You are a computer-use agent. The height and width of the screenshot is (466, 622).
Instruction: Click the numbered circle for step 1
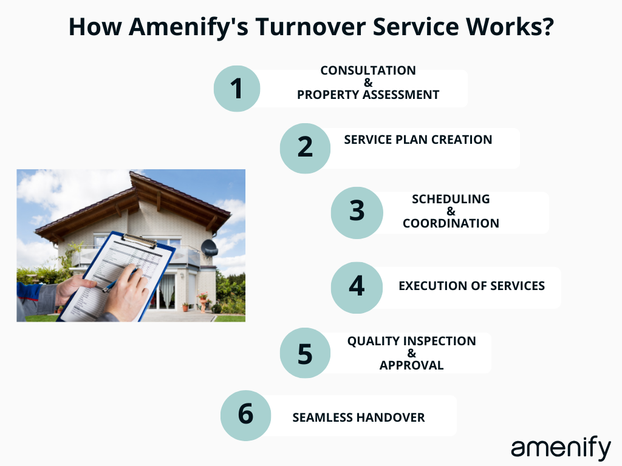pyautogui.click(x=237, y=89)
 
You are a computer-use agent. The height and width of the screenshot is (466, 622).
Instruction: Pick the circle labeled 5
pyautogui.click(x=305, y=353)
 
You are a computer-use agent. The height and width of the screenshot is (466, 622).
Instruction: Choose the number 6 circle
pyautogui.click(x=245, y=416)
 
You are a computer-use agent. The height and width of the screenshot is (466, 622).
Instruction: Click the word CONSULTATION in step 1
pyautogui.click(x=368, y=70)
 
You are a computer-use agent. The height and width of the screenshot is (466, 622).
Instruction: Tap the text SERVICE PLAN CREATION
pyautogui.click(x=418, y=140)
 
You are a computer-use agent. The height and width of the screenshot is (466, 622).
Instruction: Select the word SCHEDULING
pyautogui.click(x=451, y=199)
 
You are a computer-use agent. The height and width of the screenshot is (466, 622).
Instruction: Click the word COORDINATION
pyautogui.click(x=451, y=223)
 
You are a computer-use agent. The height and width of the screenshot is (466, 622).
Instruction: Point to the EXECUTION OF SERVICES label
pyautogui.click(x=471, y=286)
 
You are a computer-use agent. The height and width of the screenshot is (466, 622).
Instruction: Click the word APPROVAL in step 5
pyautogui.click(x=411, y=365)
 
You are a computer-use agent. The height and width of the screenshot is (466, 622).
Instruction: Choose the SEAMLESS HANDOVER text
pyautogui.click(x=358, y=417)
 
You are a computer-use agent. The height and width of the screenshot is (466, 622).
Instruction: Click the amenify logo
pyautogui.click(x=560, y=448)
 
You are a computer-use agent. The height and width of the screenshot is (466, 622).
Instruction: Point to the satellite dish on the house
pyautogui.click(x=209, y=247)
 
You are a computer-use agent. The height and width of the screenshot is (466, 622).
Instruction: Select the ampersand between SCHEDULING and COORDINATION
pyautogui.click(x=451, y=211)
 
